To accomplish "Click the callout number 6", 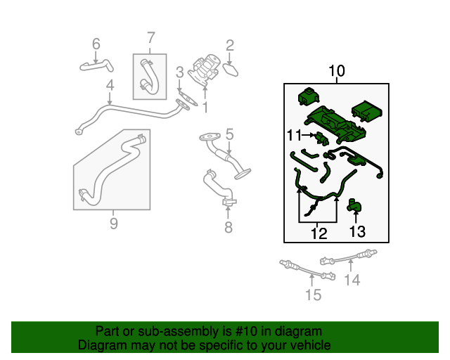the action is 96,44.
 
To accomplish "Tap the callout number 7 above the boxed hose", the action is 151,38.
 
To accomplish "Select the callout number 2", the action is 230,46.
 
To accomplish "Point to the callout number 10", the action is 337,71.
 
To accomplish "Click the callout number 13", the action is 358,231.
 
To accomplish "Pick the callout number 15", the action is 313,295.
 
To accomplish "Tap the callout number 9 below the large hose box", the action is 114,224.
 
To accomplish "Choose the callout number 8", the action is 228,227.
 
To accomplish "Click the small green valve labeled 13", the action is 354,205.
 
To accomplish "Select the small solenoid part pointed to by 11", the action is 322,139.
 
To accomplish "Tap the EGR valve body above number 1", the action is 205,70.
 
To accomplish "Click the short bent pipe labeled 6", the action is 96,66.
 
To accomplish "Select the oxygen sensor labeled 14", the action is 349,257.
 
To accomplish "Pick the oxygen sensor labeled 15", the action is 307,270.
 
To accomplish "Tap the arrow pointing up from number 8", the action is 228,212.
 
